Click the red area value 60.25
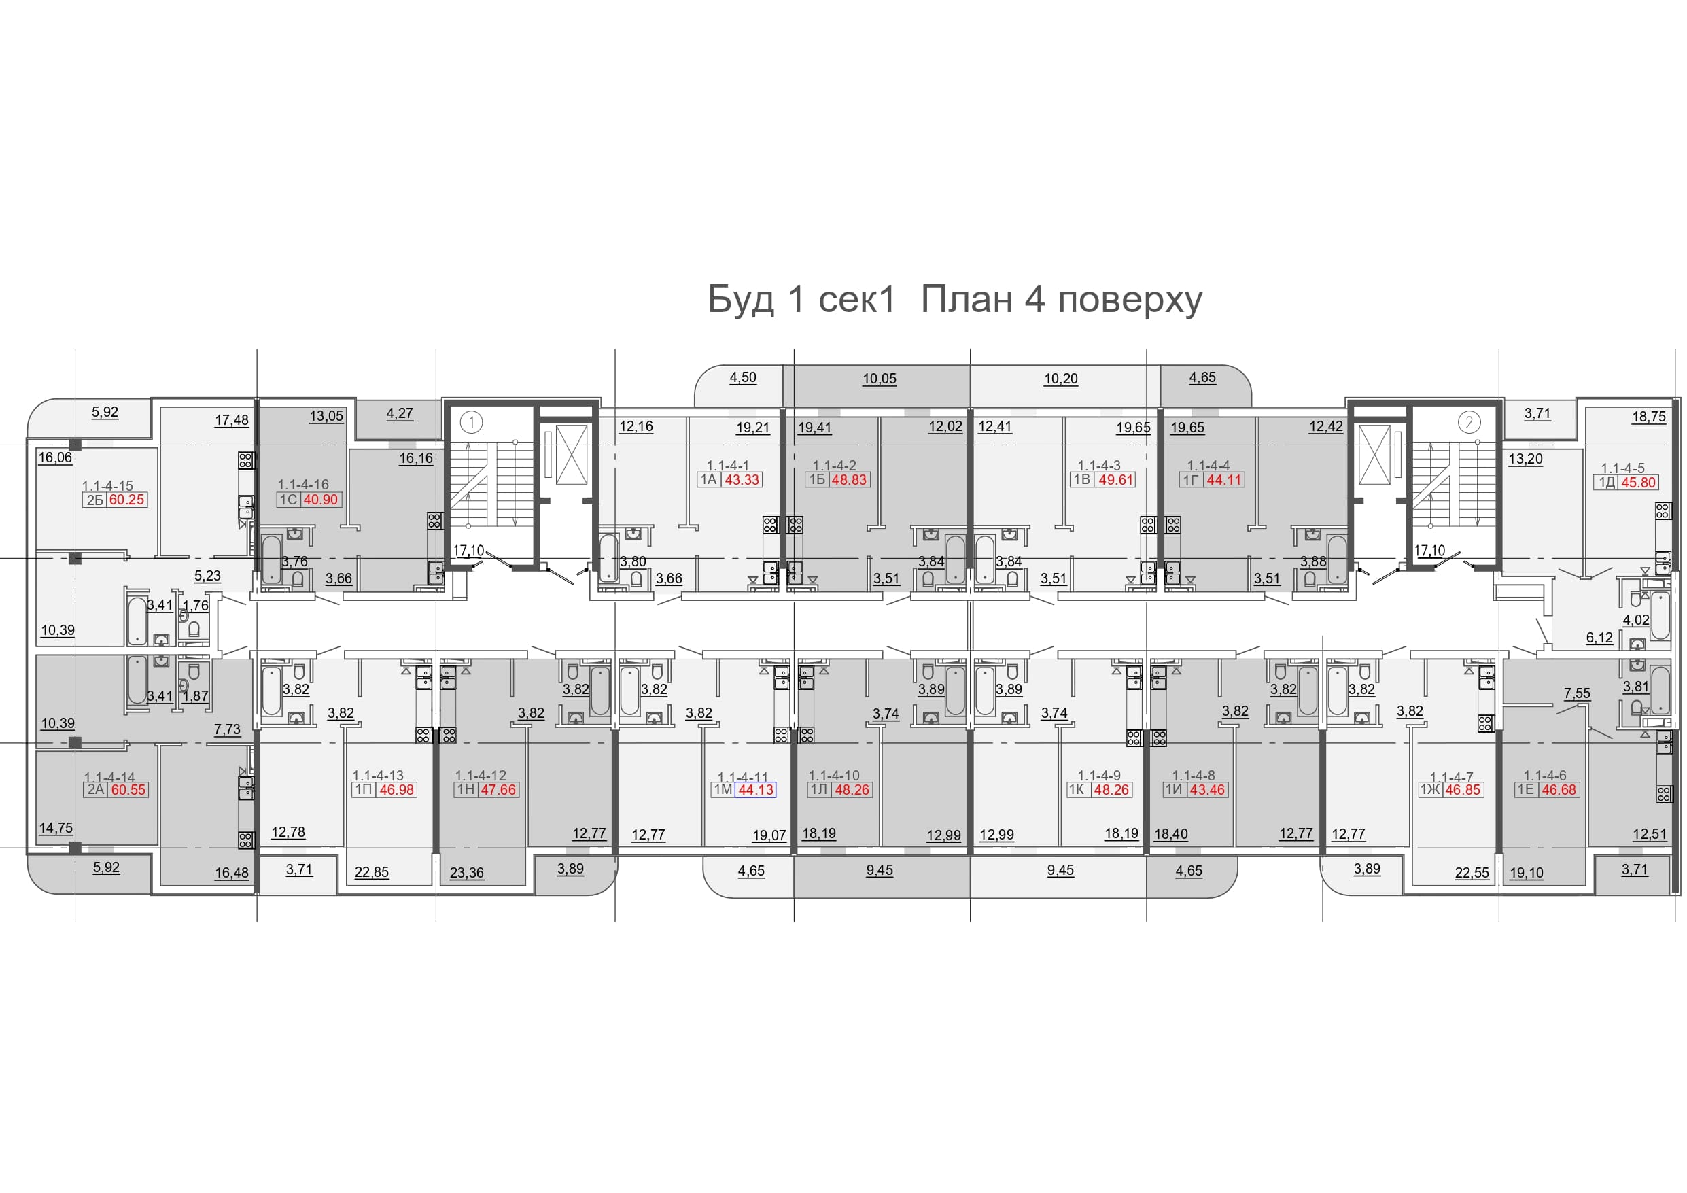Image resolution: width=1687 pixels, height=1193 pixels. [x=127, y=500]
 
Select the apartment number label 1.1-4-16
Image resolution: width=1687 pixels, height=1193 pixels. [x=303, y=485]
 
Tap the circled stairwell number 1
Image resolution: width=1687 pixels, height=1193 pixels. [x=471, y=422]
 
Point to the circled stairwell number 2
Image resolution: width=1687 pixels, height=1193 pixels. [x=1469, y=422]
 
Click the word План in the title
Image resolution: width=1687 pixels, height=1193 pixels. [x=967, y=299]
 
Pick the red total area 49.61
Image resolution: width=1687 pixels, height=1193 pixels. [x=1116, y=480]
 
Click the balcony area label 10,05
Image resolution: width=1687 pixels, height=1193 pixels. [x=880, y=379]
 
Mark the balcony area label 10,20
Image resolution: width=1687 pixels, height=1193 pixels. [x=1061, y=379]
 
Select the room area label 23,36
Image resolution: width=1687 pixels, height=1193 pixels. [x=466, y=873]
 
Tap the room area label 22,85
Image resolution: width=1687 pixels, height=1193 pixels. [x=372, y=871]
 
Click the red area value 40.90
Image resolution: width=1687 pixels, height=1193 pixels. [x=321, y=500]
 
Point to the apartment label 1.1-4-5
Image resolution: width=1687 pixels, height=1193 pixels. [x=1622, y=468]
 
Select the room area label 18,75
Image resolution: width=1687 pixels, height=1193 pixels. [x=1649, y=417]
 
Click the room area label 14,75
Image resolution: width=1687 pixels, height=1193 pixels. [x=56, y=828]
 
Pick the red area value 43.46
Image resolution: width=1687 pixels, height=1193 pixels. [x=1206, y=789]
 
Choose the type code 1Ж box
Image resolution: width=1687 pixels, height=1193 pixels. [x=1430, y=789]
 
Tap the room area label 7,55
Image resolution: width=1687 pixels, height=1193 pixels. [x=1577, y=693]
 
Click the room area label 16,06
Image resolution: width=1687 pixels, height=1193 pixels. [x=55, y=457]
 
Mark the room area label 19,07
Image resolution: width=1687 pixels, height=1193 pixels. [x=769, y=835]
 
